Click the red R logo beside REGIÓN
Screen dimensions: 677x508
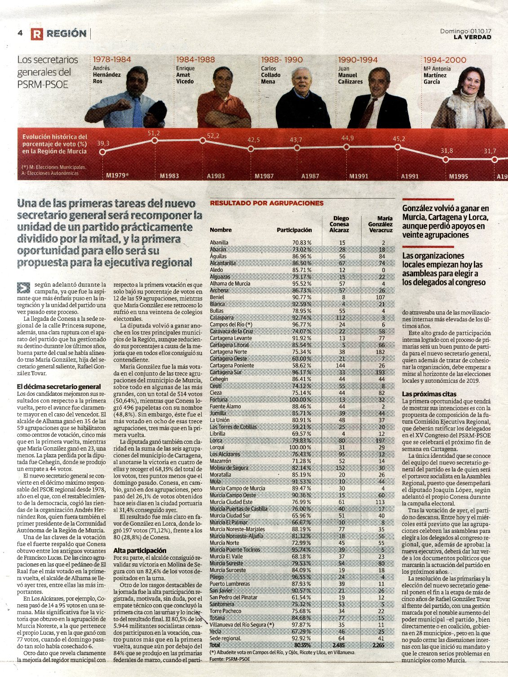point(37,34)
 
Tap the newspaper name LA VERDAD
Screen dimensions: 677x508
point(472,37)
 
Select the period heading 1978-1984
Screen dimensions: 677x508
point(112,60)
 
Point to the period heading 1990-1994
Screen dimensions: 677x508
point(358,60)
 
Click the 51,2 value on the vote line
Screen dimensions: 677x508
point(154,133)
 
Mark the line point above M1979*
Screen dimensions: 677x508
point(103,151)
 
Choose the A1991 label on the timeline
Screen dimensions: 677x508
point(410,176)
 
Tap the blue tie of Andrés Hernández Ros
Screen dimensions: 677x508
point(137,112)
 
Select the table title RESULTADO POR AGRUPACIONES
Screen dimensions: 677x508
point(266,203)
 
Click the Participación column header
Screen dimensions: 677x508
point(294,230)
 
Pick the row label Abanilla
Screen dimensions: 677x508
point(219,243)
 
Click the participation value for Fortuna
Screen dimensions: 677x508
point(300,400)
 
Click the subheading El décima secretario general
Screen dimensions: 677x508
point(59,387)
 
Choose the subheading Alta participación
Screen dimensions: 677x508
point(140,550)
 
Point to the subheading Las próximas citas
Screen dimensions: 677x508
point(429,394)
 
